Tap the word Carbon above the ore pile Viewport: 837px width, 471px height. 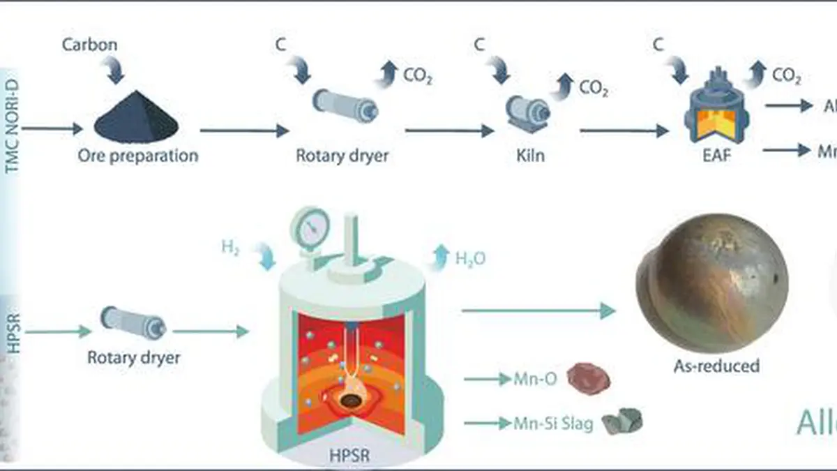[90, 45]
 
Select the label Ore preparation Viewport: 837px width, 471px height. [137, 155]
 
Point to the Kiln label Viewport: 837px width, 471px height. [527, 155]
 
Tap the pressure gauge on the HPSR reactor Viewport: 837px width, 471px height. [312, 227]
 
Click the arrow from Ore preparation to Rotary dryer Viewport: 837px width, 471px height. [244, 130]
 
